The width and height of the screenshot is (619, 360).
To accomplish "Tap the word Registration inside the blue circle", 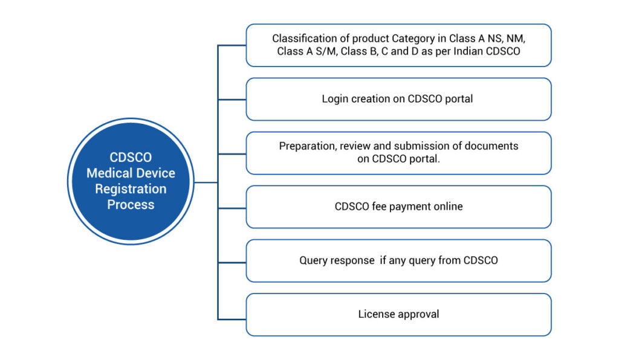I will (x=131, y=189).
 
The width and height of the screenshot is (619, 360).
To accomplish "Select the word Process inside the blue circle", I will (x=131, y=205).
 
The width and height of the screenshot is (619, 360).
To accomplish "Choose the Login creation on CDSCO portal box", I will (x=398, y=99).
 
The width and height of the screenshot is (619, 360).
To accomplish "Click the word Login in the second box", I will (x=335, y=99).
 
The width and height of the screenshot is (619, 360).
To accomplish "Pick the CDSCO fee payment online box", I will (x=398, y=207).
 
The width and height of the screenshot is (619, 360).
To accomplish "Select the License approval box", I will (x=398, y=314).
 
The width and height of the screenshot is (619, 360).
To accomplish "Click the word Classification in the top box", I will (x=303, y=39).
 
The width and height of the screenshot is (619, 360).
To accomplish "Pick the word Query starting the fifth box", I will (x=313, y=260).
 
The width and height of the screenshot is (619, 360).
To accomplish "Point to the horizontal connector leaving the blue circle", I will (x=206, y=181).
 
